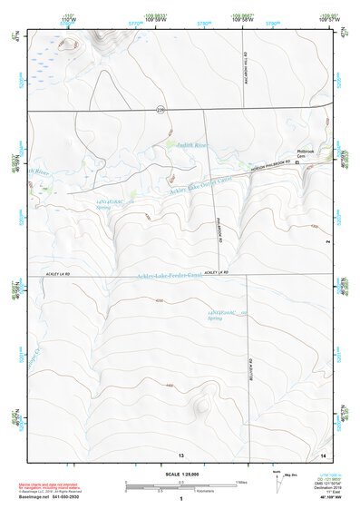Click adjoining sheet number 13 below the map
coord(180,453)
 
